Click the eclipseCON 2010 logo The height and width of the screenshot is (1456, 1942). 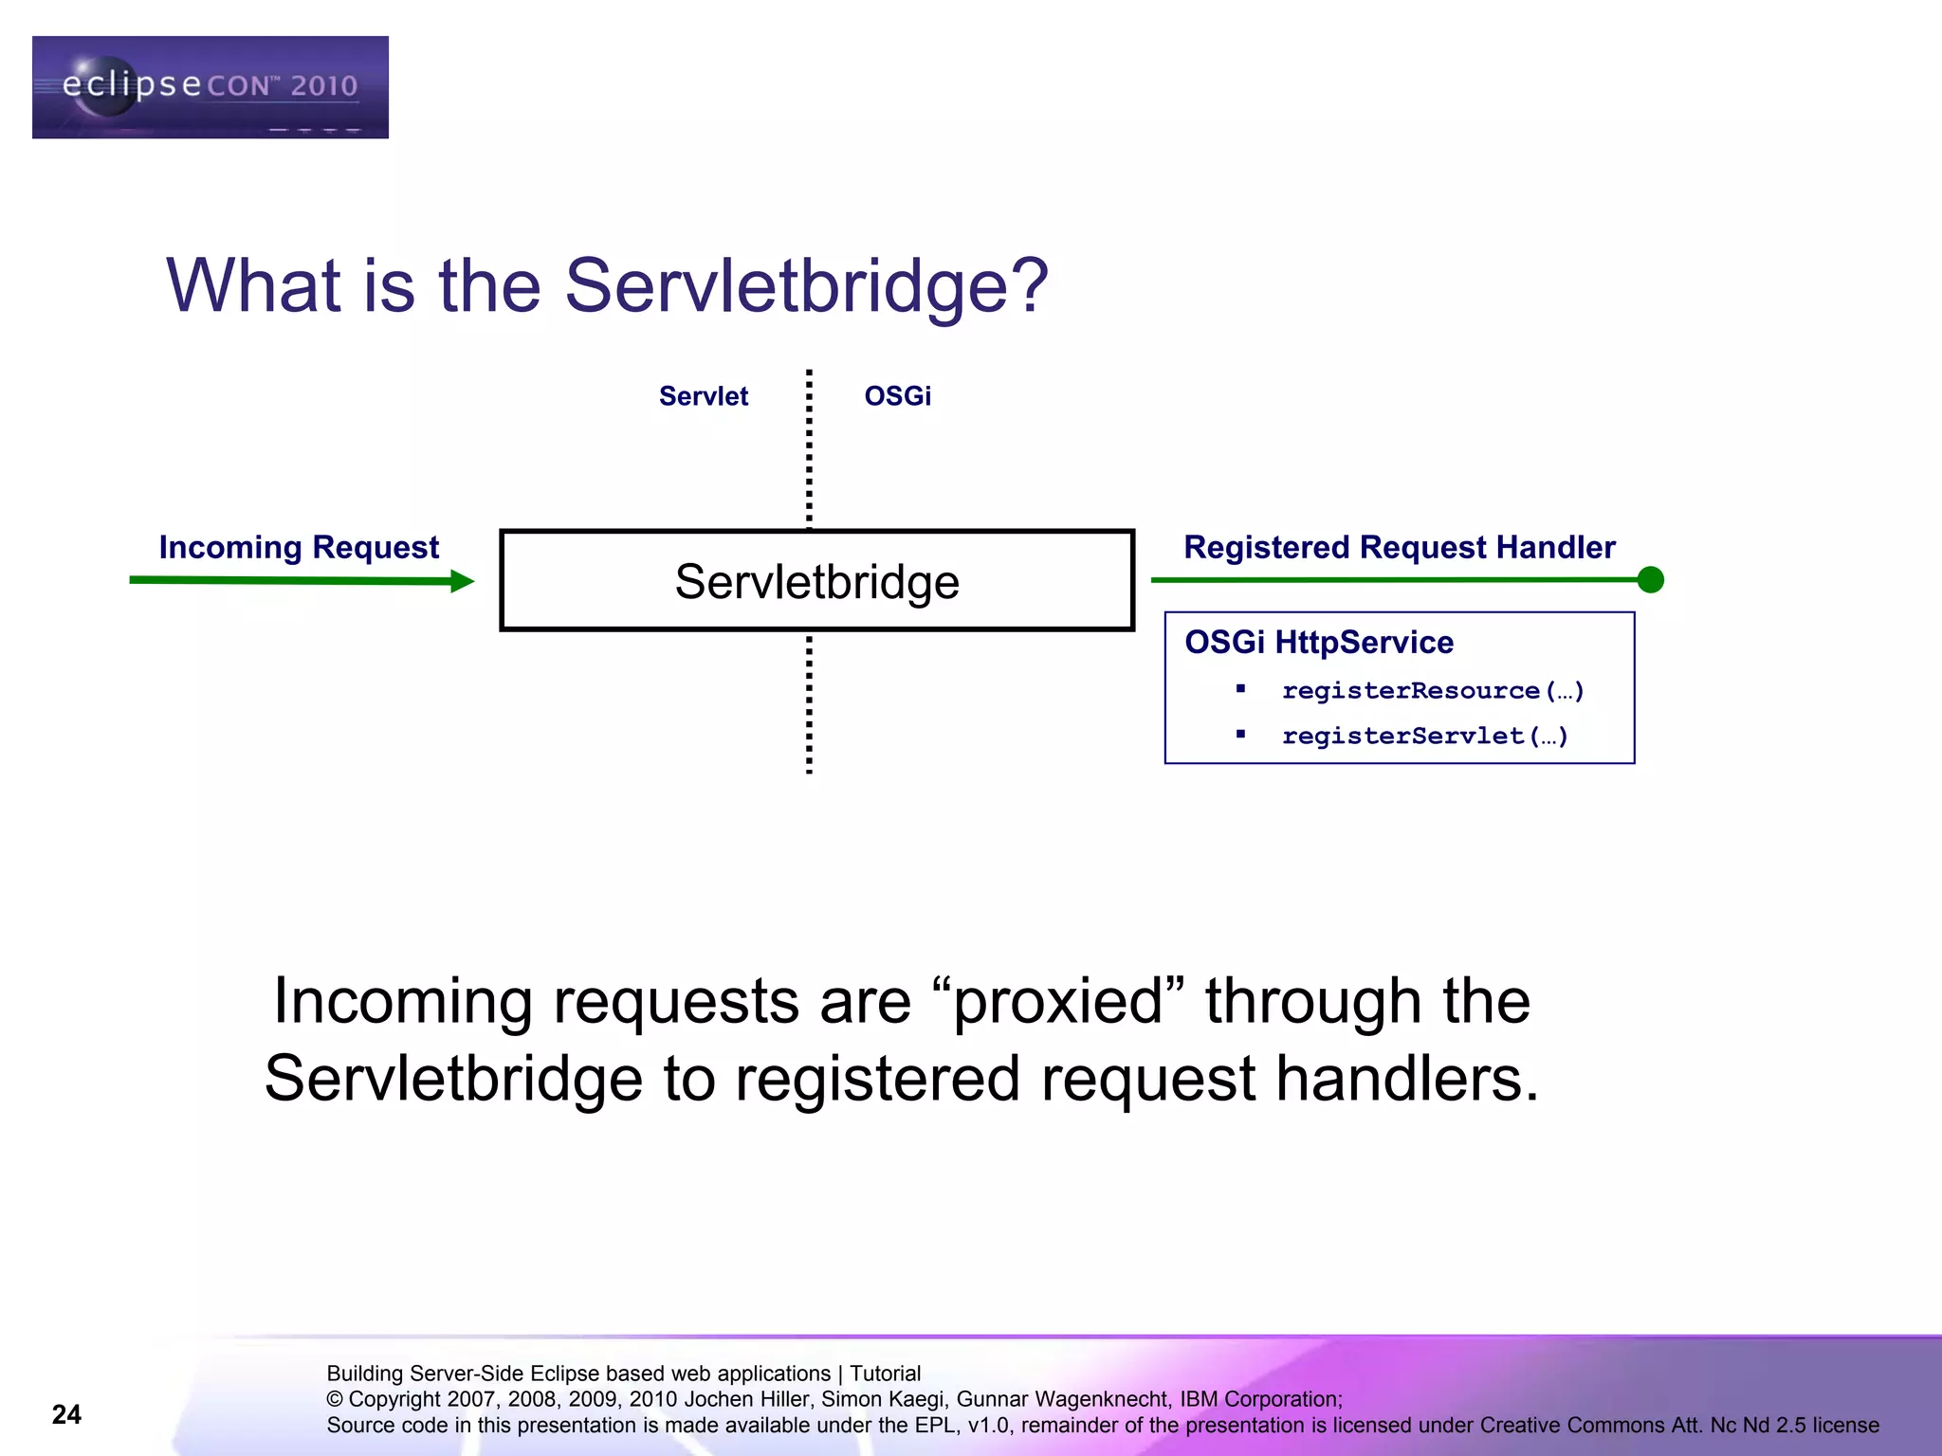point(210,87)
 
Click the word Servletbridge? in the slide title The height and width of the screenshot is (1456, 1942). point(806,285)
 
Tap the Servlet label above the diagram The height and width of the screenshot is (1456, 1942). point(703,396)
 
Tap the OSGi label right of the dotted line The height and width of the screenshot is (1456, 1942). point(897,396)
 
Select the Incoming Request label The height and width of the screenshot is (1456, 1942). point(299,548)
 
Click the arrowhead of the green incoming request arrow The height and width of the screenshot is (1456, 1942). point(462,581)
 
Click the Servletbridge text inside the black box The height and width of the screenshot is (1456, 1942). point(816,581)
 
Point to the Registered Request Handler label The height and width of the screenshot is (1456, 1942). point(1399,548)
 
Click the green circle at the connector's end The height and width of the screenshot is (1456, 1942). point(1650,579)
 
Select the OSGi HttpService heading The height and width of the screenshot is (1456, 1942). point(1318,643)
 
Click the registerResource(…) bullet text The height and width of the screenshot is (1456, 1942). point(1432,691)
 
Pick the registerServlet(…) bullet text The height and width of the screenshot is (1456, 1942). point(1424,737)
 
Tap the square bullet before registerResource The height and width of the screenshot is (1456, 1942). point(1240,689)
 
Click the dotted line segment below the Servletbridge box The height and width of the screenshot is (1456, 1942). point(809,706)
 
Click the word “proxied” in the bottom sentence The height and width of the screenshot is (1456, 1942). point(1058,1001)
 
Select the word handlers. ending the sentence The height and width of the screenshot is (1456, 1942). point(1407,1079)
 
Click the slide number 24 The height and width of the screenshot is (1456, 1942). point(66,1414)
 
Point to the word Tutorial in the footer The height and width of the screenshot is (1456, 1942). point(885,1374)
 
